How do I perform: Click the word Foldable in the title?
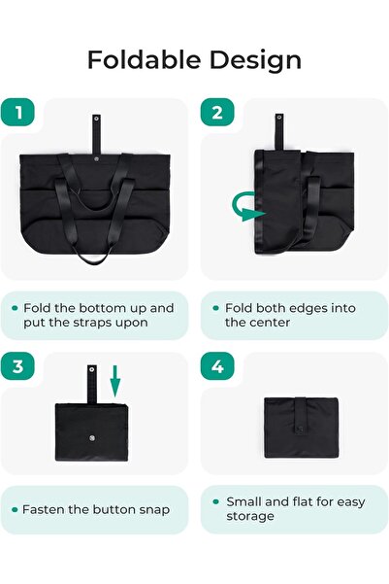[140, 59]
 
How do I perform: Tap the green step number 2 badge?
[216, 113]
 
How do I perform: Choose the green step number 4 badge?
[216, 367]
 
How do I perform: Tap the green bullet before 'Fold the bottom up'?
[15, 308]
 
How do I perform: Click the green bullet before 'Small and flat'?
[214, 502]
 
